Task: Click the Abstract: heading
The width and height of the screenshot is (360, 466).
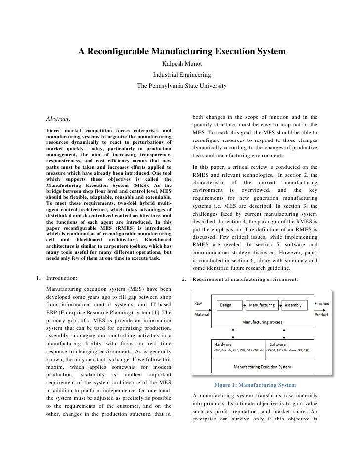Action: pos(58,119)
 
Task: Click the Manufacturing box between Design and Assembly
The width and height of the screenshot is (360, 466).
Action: pos(262,305)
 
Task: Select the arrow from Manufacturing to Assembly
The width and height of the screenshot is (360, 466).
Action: pos(280,305)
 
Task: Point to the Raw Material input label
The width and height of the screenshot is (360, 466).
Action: pos(201,308)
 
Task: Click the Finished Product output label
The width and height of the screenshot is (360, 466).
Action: pos(322,308)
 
